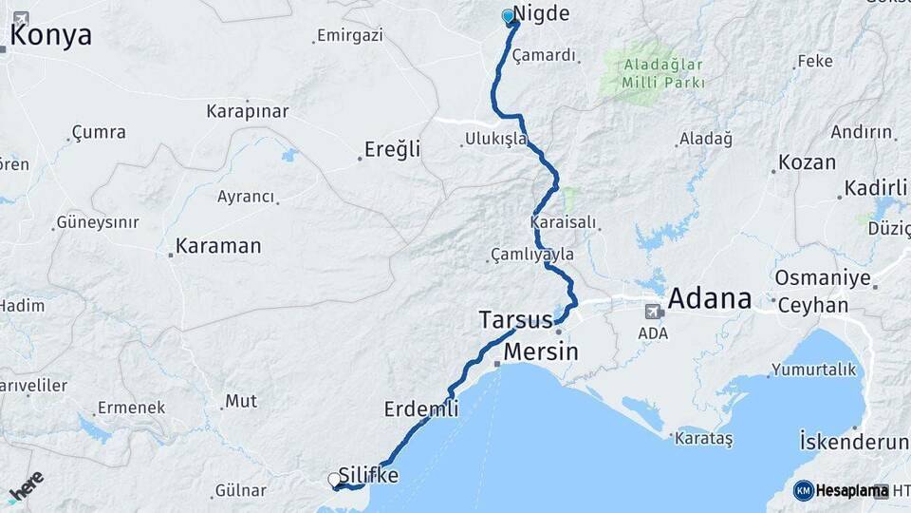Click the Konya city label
(x=51, y=36)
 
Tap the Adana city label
(x=710, y=299)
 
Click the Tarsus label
(x=515, y=319)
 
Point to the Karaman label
(x=218, y=247)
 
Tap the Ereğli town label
(x=391, y=150)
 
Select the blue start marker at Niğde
(x=508, y=15)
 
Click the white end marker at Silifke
(x=334, y=480)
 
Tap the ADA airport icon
(x=654, y=312)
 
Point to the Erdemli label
(x=421, y=409)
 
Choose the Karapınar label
(x=248, y=111)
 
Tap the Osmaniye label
(x=823, y=278)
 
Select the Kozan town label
(x=807, y=162)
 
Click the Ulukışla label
(x=495, y=140)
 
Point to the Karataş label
(x=703, y=439)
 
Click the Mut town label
(x=240, y=401)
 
